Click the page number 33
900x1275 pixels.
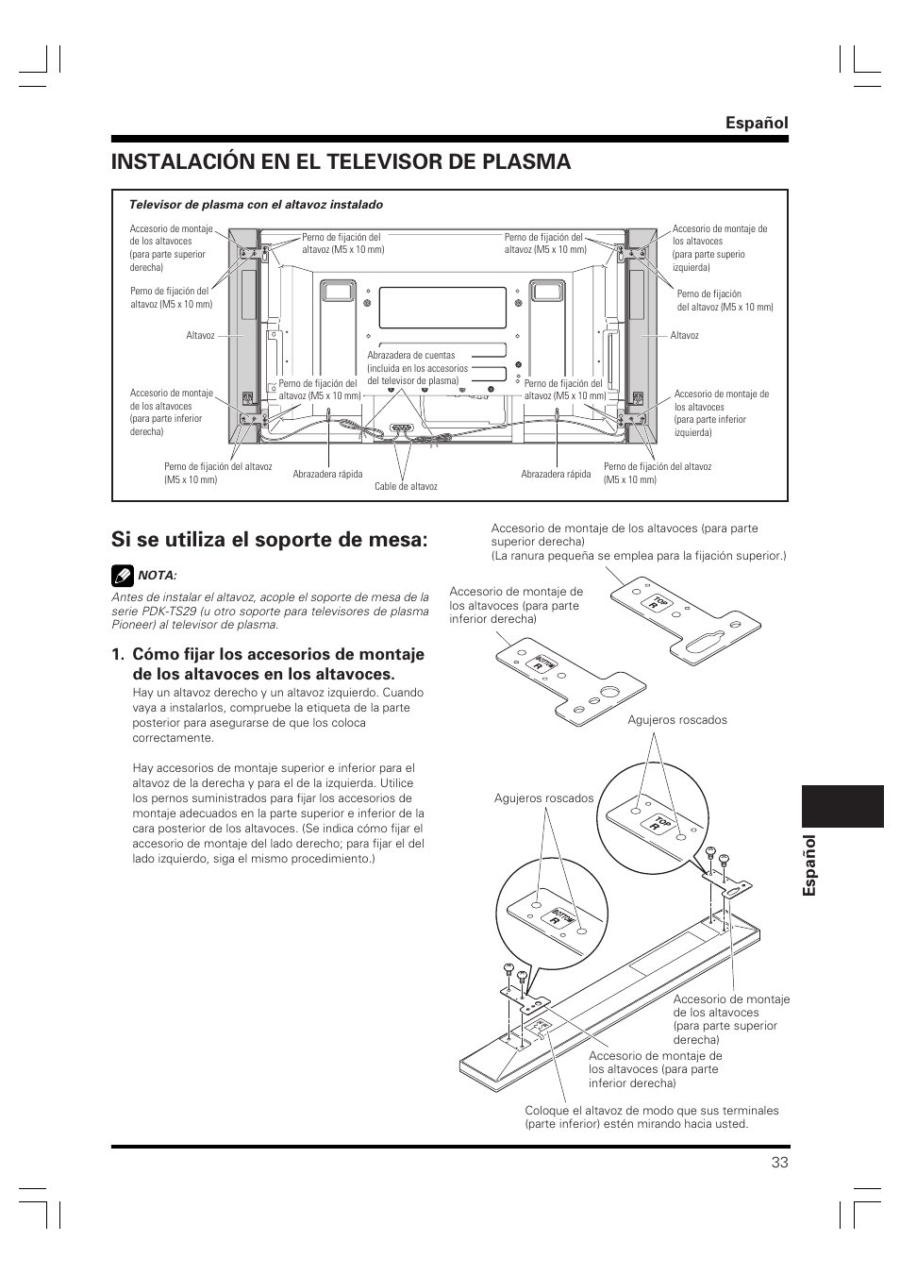(778, 1162)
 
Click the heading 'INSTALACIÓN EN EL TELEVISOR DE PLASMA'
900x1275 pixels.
(341, 161)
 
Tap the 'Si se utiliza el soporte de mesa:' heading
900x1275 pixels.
(270, 540)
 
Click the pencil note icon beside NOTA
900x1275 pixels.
(122, 574)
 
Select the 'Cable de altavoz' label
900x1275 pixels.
(406, 487)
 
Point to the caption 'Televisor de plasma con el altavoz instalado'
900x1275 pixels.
(256, 205)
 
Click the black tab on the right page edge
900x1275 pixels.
(845, 806)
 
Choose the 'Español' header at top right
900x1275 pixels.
(757, 123)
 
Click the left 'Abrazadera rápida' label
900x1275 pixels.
(327, 475)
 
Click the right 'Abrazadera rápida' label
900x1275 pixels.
(556, 475)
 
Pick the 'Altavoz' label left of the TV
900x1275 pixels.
(200, 336)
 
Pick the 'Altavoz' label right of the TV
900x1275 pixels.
(684, 336)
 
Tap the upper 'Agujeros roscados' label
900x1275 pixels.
(677, 720)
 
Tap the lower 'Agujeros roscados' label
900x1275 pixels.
(543, 798)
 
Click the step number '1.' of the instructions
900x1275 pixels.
(118, 654)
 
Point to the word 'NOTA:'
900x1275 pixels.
(158, 575)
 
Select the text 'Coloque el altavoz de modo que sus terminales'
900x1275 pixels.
(651, 1111)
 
